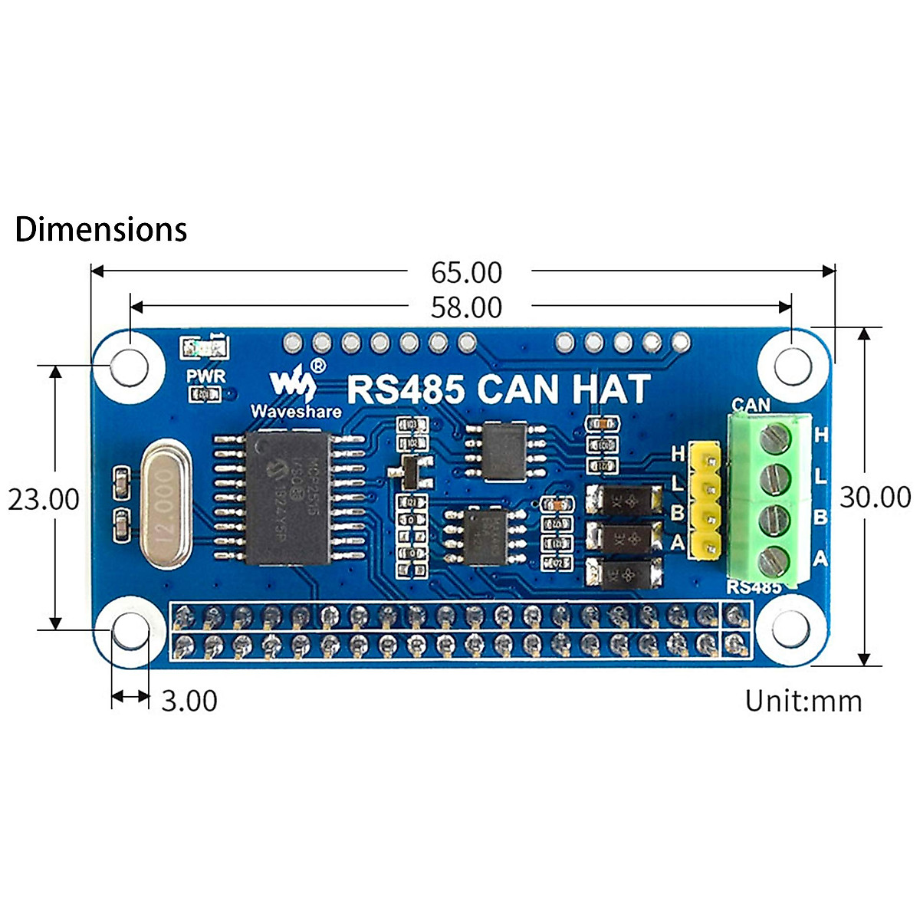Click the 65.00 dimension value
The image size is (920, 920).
pos(466,272)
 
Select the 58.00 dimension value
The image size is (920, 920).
pos(466,307)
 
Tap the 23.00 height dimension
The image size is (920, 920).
pos(44,499)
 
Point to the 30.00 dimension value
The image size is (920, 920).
pos(876,497)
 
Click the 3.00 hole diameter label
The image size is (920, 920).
pos(189,701)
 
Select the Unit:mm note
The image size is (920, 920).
pos(803,701)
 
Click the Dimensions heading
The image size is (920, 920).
pos(101,229)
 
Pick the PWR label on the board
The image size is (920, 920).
pos(206,376)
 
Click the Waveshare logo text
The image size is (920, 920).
pos(296,412)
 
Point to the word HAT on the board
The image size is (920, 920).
pos(610,389)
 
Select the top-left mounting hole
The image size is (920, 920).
pos(129,367)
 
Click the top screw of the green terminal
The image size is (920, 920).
pos(774,439)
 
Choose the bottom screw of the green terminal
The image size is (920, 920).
pos(774,563)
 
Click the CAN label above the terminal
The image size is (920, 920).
pos(751,404)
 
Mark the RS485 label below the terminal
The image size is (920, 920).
pos(754,587)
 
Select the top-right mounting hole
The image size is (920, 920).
pos(793,367)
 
